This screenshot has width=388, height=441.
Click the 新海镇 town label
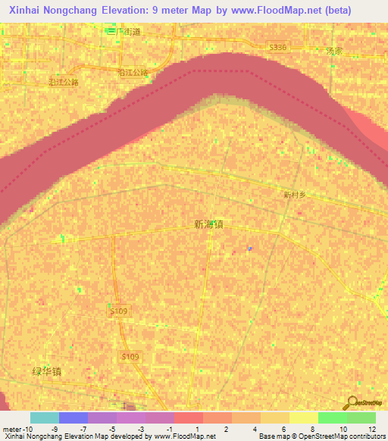208,224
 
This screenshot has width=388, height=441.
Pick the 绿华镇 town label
46,372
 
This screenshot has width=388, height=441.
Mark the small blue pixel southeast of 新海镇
251,248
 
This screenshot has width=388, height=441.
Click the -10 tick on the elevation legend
27,428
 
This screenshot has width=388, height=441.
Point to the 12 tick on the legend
371,428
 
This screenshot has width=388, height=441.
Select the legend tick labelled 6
283,428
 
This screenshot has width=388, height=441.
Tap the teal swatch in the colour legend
44,418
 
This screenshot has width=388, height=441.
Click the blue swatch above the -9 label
74,418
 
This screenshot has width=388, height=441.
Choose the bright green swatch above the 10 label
333,418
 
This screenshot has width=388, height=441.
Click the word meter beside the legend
11,428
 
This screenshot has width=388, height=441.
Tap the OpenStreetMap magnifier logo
354,404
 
